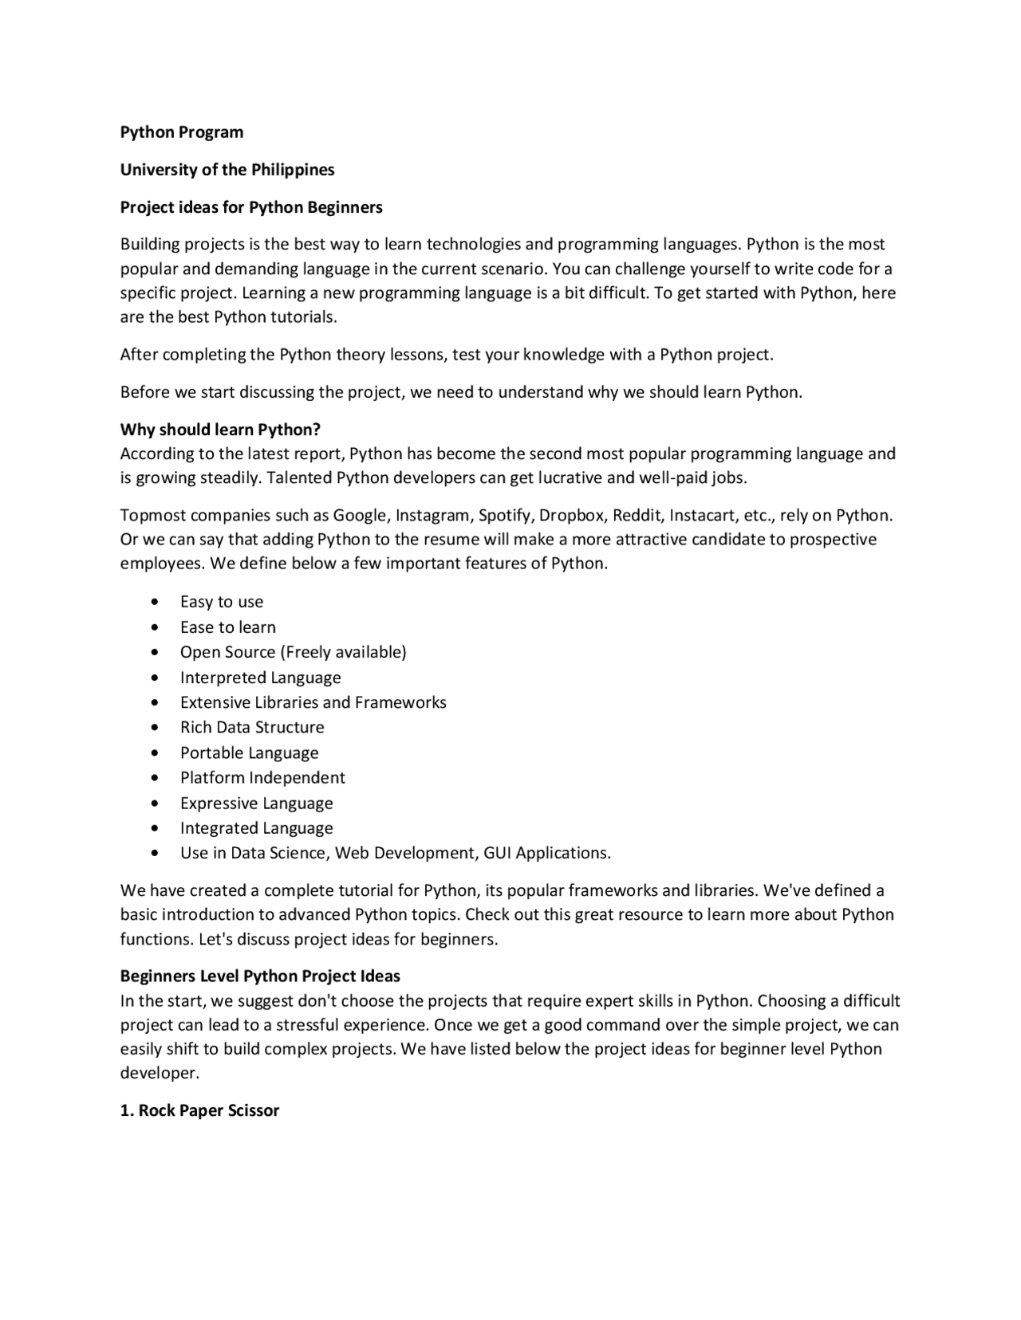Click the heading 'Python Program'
point(182,132)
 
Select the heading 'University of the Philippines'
point(227,170)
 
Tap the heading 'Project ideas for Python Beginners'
point(251,207)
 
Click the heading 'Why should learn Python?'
point(220,430)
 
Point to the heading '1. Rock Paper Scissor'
point(199,1110)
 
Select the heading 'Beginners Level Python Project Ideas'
point(260,976)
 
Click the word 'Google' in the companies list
point(359,515)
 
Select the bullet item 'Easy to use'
point(222,602)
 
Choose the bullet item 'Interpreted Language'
point(260,678)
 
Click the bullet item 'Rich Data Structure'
point(252,727)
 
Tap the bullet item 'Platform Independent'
point(262,777)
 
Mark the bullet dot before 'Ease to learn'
point(154,628)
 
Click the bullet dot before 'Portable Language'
point(154,753)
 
